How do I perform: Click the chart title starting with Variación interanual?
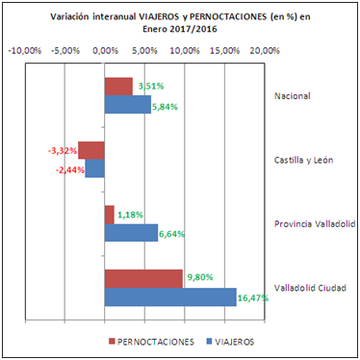[x=181, y=23]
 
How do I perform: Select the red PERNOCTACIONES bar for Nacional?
[x=118, y=88]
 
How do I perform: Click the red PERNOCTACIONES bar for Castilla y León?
[x=91, y=150]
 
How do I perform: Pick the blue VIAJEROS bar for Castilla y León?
[x=95, y=168]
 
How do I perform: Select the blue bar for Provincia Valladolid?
[x=131, y=233]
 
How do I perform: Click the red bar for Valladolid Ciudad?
[x=143, y=278]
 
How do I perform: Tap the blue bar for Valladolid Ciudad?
[x=170, y=296]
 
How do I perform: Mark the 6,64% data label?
[x=174, y=233]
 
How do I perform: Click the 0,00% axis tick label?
[x=104, y=51]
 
